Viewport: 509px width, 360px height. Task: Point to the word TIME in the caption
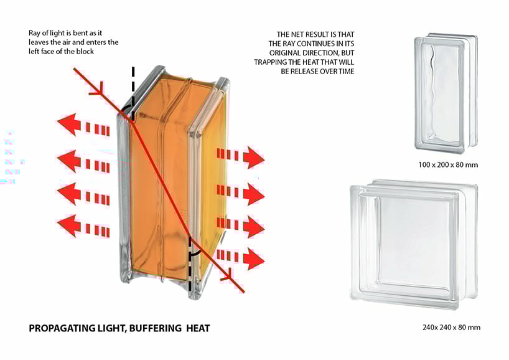[x=345, y=71]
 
